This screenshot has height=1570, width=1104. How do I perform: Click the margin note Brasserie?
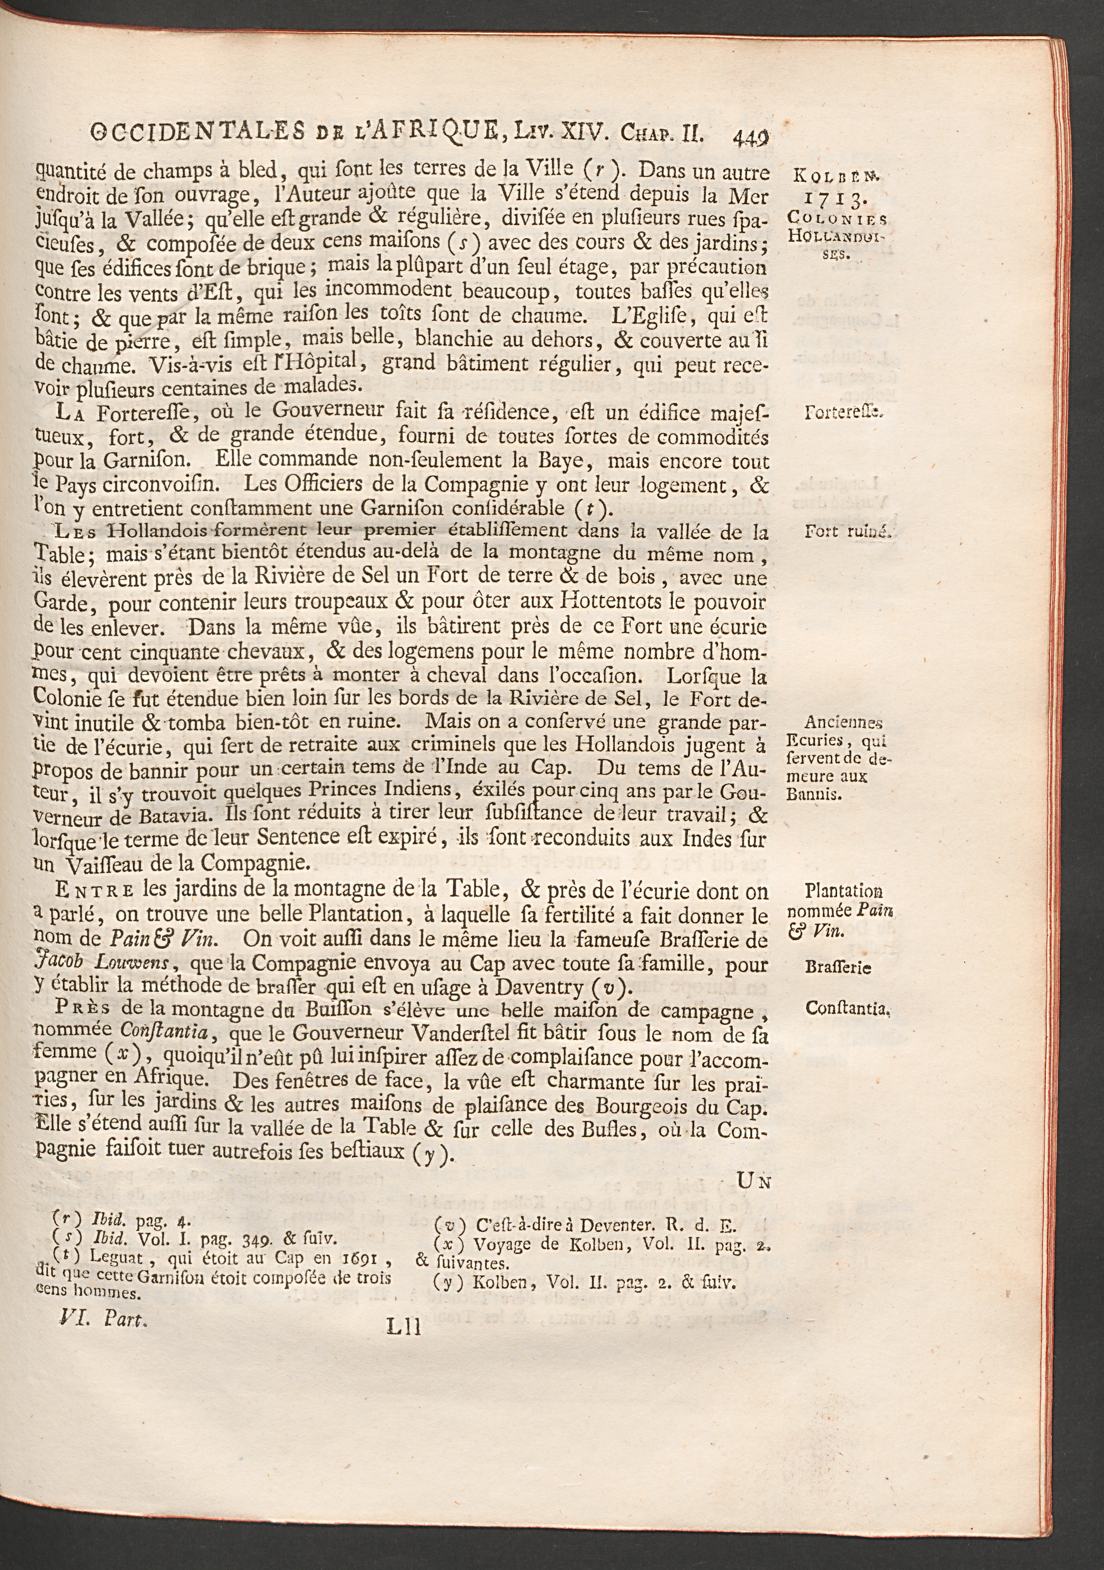point(838,968)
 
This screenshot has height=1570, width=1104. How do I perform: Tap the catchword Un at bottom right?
point(755,1181)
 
